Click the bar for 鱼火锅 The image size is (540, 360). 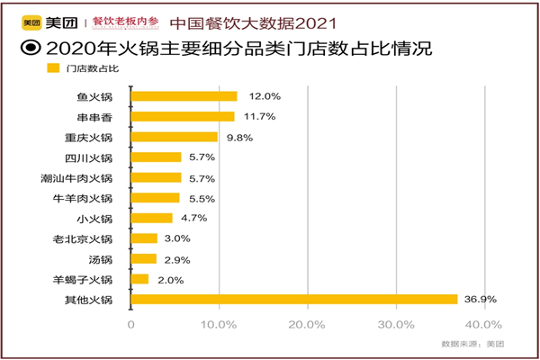click(184, 95)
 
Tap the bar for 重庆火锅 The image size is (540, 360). click(175, 137)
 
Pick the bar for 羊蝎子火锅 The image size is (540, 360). click(139, 279)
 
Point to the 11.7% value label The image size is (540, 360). click(256, 116)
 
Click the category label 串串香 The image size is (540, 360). click(95, 116)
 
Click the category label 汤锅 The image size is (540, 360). click(102, 259)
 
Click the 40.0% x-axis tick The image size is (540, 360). click(484, 324)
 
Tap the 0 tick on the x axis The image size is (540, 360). click(131, 324)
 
